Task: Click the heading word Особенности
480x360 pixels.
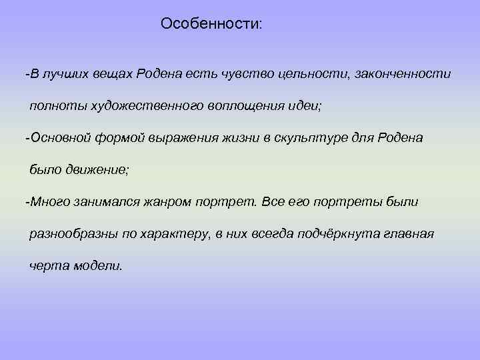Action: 211,24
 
